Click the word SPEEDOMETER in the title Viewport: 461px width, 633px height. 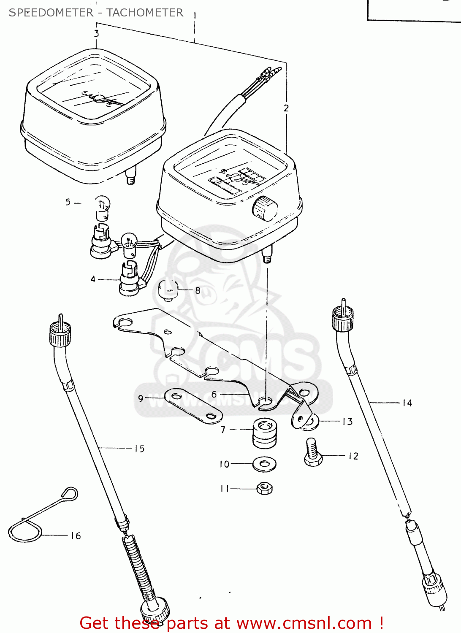(x=51, y=13)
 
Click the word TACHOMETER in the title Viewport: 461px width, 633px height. (x=145, y=13)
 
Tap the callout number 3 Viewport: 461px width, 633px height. (x=97, y=33)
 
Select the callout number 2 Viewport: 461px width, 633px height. (x=286, y=108)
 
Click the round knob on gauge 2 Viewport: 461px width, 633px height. (x=265, y=208)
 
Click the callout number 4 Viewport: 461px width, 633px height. (x=93, y=279)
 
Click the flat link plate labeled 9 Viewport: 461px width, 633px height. (x=193, y=406)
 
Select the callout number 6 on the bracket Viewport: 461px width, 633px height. (x=214, y=394)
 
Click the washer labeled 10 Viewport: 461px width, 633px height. (x=265, y=464)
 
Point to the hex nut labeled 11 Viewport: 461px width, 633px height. (x=265, y=489)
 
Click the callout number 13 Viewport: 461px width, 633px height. (x=347, y=422)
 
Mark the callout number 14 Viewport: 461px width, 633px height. (x=407, y=403)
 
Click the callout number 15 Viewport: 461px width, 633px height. (x=139, y=449)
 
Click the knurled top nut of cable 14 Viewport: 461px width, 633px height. (x=343, y=319)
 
